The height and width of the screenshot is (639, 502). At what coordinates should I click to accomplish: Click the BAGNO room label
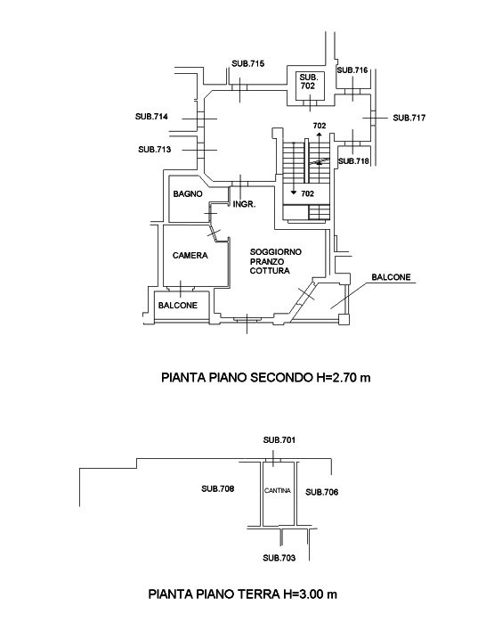pos(188,194)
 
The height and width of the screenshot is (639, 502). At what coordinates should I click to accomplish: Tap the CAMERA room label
pos(190,256)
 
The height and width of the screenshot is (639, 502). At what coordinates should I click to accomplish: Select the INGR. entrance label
pos(244,205)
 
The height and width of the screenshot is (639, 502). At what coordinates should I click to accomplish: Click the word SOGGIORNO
pos(276,252)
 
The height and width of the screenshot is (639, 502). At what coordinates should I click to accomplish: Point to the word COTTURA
pos(270,271)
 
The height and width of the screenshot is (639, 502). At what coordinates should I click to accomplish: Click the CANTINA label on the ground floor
pos(278,491)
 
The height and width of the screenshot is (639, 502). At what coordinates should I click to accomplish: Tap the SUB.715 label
pos(248,63)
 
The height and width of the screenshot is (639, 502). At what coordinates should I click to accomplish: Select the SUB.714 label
pos(151,117)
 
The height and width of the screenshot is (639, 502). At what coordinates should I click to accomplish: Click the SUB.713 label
pos(155,150)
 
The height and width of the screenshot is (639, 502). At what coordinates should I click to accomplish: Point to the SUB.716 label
pos(352,70)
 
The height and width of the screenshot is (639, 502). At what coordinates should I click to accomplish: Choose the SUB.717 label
pos(409,118)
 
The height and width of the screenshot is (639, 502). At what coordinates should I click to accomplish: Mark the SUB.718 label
pos(353,161)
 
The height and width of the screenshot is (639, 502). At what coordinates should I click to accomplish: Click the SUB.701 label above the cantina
pos(279,440)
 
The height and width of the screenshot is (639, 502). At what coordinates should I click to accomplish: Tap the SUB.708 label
pos(218,488)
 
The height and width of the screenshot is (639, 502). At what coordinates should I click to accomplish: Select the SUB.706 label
pos(322,492)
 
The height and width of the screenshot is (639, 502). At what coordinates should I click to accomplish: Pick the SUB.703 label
pos(279,558)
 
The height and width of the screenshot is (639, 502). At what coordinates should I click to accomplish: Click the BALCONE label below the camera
pos(178,305)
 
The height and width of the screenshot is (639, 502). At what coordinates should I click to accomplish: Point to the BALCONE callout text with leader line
pos(392,277)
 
